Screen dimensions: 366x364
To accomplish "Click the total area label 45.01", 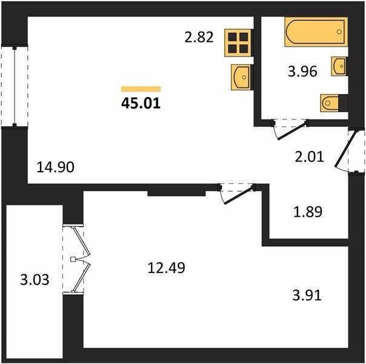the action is pos(141,103).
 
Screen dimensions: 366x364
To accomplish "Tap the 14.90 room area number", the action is pos(56,167).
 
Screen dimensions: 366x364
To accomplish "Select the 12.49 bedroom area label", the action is pos(167,268).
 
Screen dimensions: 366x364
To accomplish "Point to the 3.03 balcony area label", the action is pos(35,280).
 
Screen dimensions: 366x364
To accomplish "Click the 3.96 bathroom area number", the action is pos(302,71).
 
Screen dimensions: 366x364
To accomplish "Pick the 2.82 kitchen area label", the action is pos(199,37).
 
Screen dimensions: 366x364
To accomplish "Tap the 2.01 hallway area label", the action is pos(309,157).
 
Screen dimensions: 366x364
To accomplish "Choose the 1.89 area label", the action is pos(308,212).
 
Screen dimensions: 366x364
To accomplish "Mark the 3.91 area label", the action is pos(307,295).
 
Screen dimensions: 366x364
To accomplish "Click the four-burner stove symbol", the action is pos(238,42).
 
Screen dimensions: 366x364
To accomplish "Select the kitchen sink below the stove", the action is pos(241,77).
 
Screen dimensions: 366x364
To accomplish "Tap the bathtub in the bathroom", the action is pos(316,32).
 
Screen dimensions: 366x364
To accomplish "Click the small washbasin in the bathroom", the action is pos(339,66).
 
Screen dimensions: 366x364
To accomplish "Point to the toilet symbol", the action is pos(334,103).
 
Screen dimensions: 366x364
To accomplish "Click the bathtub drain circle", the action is pos(339,32).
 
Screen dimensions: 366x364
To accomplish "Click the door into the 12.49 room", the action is pos(238,194).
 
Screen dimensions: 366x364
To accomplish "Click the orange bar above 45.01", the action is pos(141,89).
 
